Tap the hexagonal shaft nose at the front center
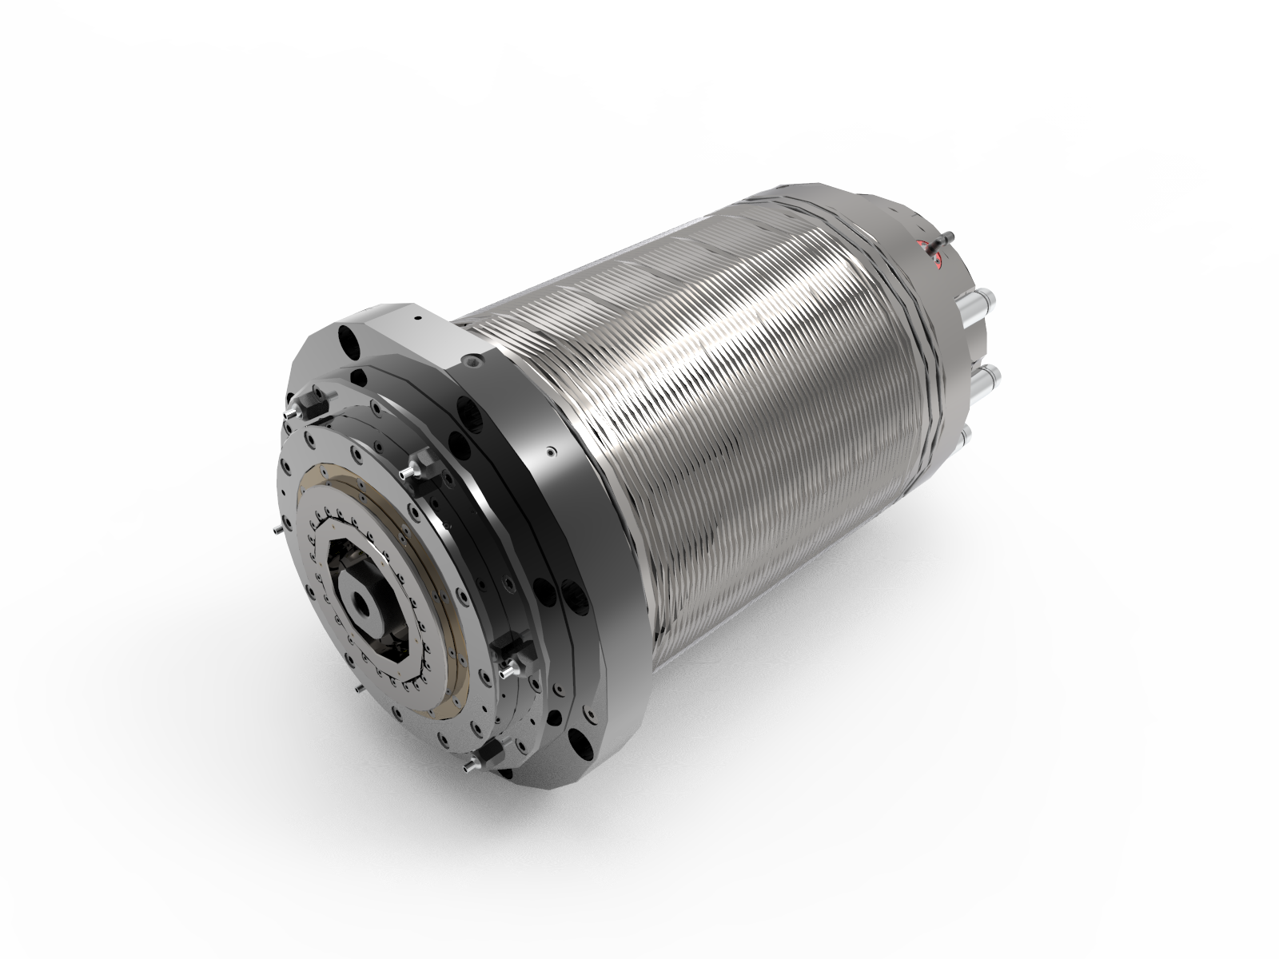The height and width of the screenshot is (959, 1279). (369, 595)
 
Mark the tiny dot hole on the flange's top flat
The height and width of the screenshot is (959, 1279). (415, 317)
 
